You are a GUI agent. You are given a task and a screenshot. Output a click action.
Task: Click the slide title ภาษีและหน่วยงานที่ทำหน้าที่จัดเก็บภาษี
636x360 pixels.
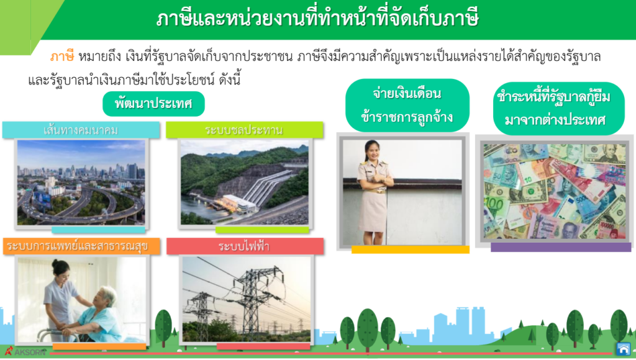[x=317, y=19]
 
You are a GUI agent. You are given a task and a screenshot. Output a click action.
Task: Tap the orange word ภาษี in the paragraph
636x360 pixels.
[x=62, y=56]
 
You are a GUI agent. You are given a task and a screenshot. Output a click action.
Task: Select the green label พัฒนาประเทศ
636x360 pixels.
[x=153, y=104]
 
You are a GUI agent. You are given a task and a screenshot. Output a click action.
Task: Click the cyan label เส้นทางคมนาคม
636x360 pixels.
[x=81, y=130]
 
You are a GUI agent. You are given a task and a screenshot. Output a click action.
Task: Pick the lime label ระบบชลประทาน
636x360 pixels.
[x=245, y=130]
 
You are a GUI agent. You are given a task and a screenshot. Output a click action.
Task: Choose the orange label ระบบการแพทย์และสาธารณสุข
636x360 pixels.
[x=81, y=246]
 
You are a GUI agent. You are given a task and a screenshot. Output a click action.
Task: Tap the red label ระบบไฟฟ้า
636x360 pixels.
[x=245, y=246]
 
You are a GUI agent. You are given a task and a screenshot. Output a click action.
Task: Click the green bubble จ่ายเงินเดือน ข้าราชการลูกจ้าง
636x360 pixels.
[x=407, y=106]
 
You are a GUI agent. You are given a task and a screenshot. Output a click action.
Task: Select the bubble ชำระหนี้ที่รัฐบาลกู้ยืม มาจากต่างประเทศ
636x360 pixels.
[x=558, y=108]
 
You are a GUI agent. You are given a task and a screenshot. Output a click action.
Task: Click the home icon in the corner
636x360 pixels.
[x=624, y=349]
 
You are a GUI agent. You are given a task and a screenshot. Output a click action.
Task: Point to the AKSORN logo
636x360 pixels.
[x=25, y=351]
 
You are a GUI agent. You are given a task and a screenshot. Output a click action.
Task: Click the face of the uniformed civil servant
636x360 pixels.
[x=372, y=150]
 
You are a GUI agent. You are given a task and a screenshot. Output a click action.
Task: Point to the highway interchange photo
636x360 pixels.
[x=81, y=182]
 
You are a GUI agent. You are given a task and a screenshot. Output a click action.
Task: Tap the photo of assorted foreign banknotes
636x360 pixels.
[x=555, y=191]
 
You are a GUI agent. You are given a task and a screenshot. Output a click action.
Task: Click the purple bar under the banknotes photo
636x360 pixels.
[x=561, y=247]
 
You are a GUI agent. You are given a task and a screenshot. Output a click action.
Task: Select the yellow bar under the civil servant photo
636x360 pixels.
[x=411, y=250]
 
